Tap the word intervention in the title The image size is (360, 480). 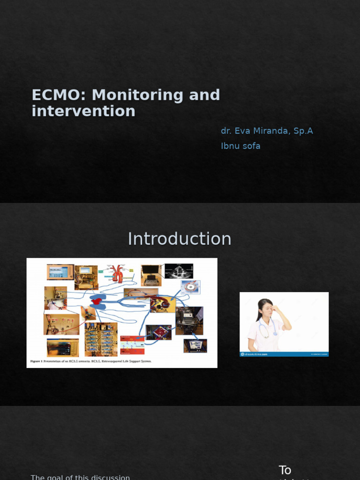83,111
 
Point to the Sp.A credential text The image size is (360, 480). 303,131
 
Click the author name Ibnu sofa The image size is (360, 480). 240,146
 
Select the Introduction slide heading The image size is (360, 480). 180,239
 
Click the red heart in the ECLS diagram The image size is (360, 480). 97,301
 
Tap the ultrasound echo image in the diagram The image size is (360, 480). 179,271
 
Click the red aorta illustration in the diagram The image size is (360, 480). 117,273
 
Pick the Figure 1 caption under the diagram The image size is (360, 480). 91,361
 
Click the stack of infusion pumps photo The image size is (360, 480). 101,339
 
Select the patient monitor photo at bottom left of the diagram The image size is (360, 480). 62,348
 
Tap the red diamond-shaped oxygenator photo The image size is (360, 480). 159,332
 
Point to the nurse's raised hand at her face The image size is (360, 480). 276,310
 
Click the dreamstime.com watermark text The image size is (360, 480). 256,354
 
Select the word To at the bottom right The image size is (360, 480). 285,470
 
